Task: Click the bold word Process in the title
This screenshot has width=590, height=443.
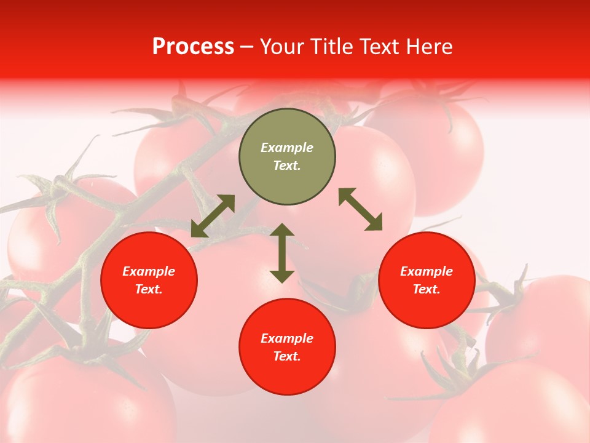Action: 193,47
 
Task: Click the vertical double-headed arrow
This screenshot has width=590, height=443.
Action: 282,253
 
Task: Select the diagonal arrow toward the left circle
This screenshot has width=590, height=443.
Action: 213,216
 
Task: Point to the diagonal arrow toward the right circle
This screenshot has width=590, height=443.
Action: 361,209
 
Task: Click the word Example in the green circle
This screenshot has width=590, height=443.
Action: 287,148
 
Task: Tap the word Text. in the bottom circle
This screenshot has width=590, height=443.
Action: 287,356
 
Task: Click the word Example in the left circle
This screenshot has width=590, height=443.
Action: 149,271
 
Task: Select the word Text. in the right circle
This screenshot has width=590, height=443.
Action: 427,289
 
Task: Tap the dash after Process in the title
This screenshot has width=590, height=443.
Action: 246,47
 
